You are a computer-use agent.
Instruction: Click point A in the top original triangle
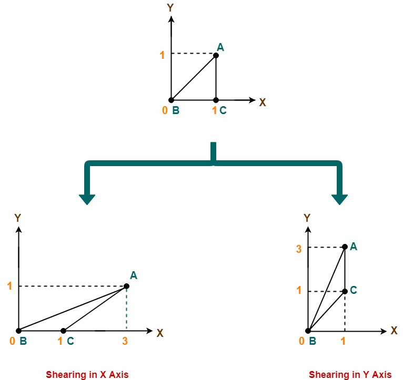216,55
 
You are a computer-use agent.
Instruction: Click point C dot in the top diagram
216,100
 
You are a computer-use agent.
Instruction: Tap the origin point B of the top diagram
171,100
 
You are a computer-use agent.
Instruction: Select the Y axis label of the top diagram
170,7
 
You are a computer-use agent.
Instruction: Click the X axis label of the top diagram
263,102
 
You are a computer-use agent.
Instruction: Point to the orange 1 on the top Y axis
163,54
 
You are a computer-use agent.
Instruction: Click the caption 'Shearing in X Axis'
87,374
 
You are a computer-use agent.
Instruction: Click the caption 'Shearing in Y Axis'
350,374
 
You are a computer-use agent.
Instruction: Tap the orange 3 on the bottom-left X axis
125,341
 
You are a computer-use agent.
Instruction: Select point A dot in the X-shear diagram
126,286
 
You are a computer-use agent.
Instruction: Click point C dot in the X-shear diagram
63,331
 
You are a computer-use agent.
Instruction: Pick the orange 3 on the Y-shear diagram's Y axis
299,249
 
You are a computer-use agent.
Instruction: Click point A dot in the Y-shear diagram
345,247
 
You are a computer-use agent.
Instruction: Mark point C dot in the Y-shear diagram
345,291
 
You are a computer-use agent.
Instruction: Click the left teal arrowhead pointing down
87,199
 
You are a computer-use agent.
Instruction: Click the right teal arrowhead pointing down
339,199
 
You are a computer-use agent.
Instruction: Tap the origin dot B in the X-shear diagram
18,331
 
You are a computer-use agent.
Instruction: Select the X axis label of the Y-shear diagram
394,331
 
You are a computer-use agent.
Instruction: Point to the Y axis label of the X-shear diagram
18,218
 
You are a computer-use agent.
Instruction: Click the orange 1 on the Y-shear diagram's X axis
343,341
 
